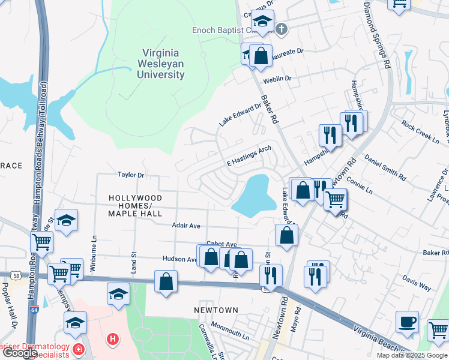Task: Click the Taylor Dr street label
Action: click(131, 175)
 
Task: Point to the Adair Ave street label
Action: click(185, 226)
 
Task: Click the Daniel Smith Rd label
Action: click(382, 168)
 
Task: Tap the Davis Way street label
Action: click(417, 283)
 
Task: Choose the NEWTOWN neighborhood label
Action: click(216, 310)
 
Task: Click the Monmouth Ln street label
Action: click(229, 333)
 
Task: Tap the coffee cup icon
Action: click(407, 322)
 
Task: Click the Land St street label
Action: click(134, 262)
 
